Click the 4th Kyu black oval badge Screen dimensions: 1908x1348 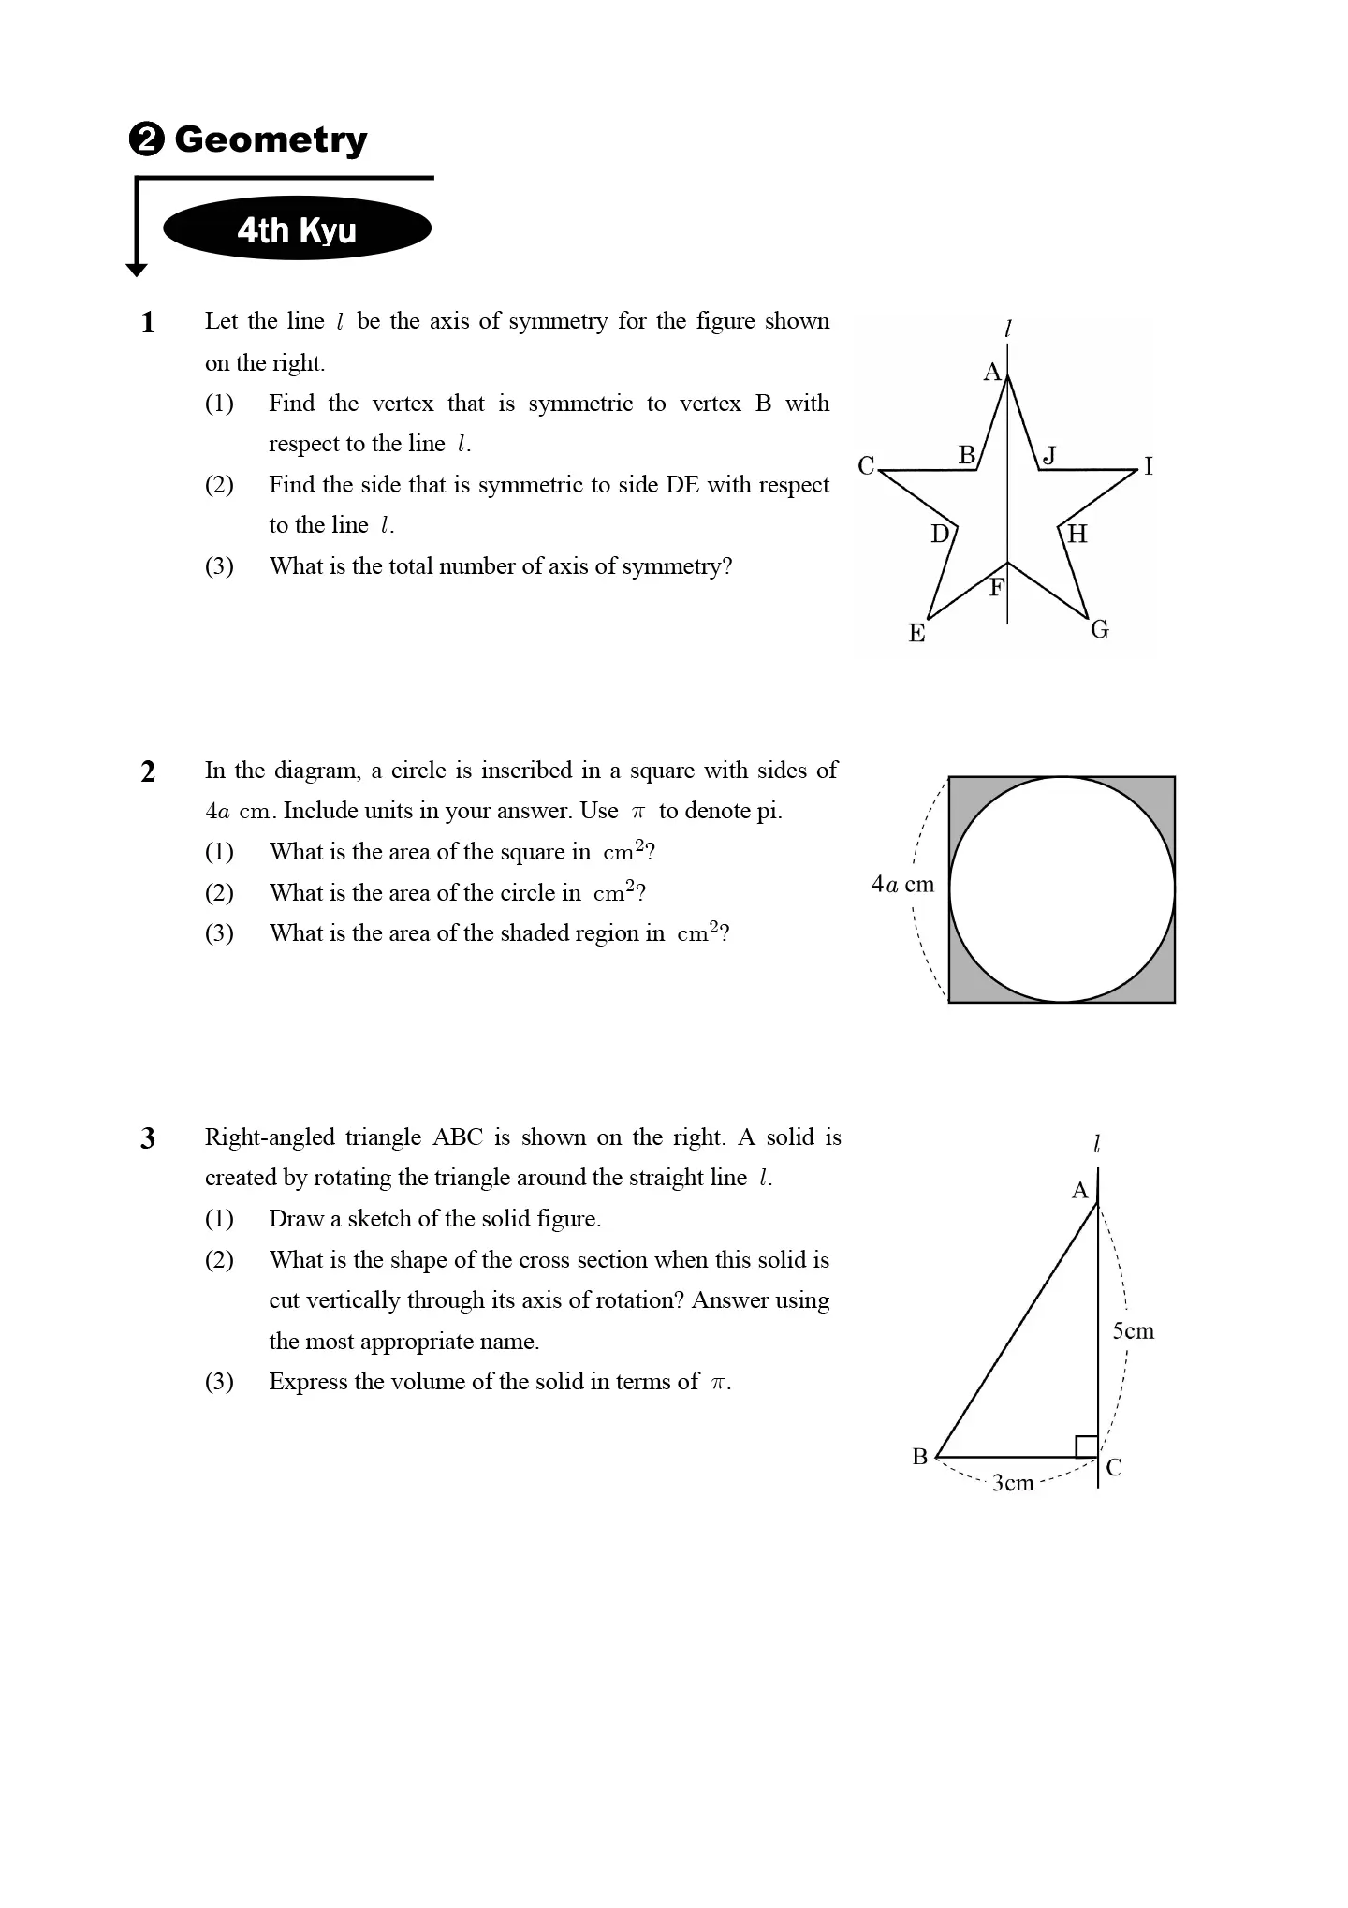pos(297,229)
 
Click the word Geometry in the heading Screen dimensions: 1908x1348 pos(271,139)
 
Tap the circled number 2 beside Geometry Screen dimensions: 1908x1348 pos(146,140)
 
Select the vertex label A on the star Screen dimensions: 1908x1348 pos(991,373)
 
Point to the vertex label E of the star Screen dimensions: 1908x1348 pos(916,634)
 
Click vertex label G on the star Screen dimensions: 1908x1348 pos(1100,629)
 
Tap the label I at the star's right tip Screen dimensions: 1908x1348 pos(1149,466)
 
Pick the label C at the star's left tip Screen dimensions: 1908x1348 pos(866,465)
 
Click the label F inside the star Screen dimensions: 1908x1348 pos(996,588)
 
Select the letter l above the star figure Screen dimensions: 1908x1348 pos(1007,329)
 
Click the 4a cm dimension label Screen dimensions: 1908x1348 pos(902,885)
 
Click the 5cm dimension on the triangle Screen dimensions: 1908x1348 pos(1133,1331)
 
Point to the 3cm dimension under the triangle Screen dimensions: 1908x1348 pos(1013,1483)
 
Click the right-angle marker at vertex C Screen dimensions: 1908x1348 pos(1086,1446)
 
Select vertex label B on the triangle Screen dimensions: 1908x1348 pos(919,1457)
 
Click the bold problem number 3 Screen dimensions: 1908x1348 pos(148,1139)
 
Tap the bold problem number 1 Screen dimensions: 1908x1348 pos(148,323)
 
